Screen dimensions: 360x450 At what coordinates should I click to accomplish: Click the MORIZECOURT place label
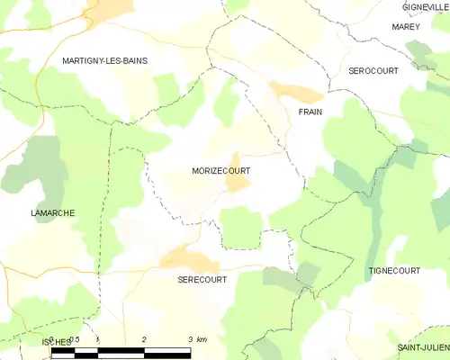click(220, 169)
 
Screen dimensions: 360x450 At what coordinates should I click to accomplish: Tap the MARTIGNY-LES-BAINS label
click(105, 60)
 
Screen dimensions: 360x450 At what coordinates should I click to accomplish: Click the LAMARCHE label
click(51, 212)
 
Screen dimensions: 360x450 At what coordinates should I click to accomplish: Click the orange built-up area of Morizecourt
click(237, 181)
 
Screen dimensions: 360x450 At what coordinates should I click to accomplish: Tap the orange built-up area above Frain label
click(297, 92)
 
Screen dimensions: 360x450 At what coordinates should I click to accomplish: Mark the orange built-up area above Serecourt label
click(189, 259)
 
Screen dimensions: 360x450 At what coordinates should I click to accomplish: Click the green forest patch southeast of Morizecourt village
click(240, 226)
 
